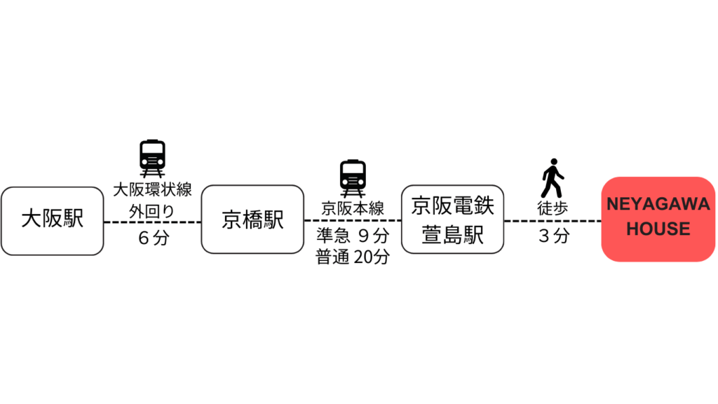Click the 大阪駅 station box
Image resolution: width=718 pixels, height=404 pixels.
point(52,221)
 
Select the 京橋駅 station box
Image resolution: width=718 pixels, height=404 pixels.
point(252,220)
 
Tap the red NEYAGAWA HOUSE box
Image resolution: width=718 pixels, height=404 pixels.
point(658,220)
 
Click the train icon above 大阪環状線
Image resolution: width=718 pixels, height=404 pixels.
point(152,159)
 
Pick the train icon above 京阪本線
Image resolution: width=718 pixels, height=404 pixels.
point(353,179)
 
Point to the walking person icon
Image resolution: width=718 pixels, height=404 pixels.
point(553,178)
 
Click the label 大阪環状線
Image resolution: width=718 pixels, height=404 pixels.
point(152,189)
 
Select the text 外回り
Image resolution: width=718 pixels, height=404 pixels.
point(152,212)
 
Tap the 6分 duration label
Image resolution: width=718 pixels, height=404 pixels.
point(154,238)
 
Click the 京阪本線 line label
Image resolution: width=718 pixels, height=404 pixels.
point(353,209)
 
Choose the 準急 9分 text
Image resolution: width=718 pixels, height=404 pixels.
point(353,236)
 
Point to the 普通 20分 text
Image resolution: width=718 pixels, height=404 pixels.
point(353,257)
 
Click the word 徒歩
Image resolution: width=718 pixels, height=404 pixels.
point(553,208)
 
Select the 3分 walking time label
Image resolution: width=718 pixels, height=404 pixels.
point(554,236)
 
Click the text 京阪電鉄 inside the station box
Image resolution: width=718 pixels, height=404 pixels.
point(452,206)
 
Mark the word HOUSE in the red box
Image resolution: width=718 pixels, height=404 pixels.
point(658,229)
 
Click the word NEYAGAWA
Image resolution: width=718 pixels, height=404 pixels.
point(658,204)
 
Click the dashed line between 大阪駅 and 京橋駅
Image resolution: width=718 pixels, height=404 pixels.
point(152,222)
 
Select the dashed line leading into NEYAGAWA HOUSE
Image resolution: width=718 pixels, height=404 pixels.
point(553,221)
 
